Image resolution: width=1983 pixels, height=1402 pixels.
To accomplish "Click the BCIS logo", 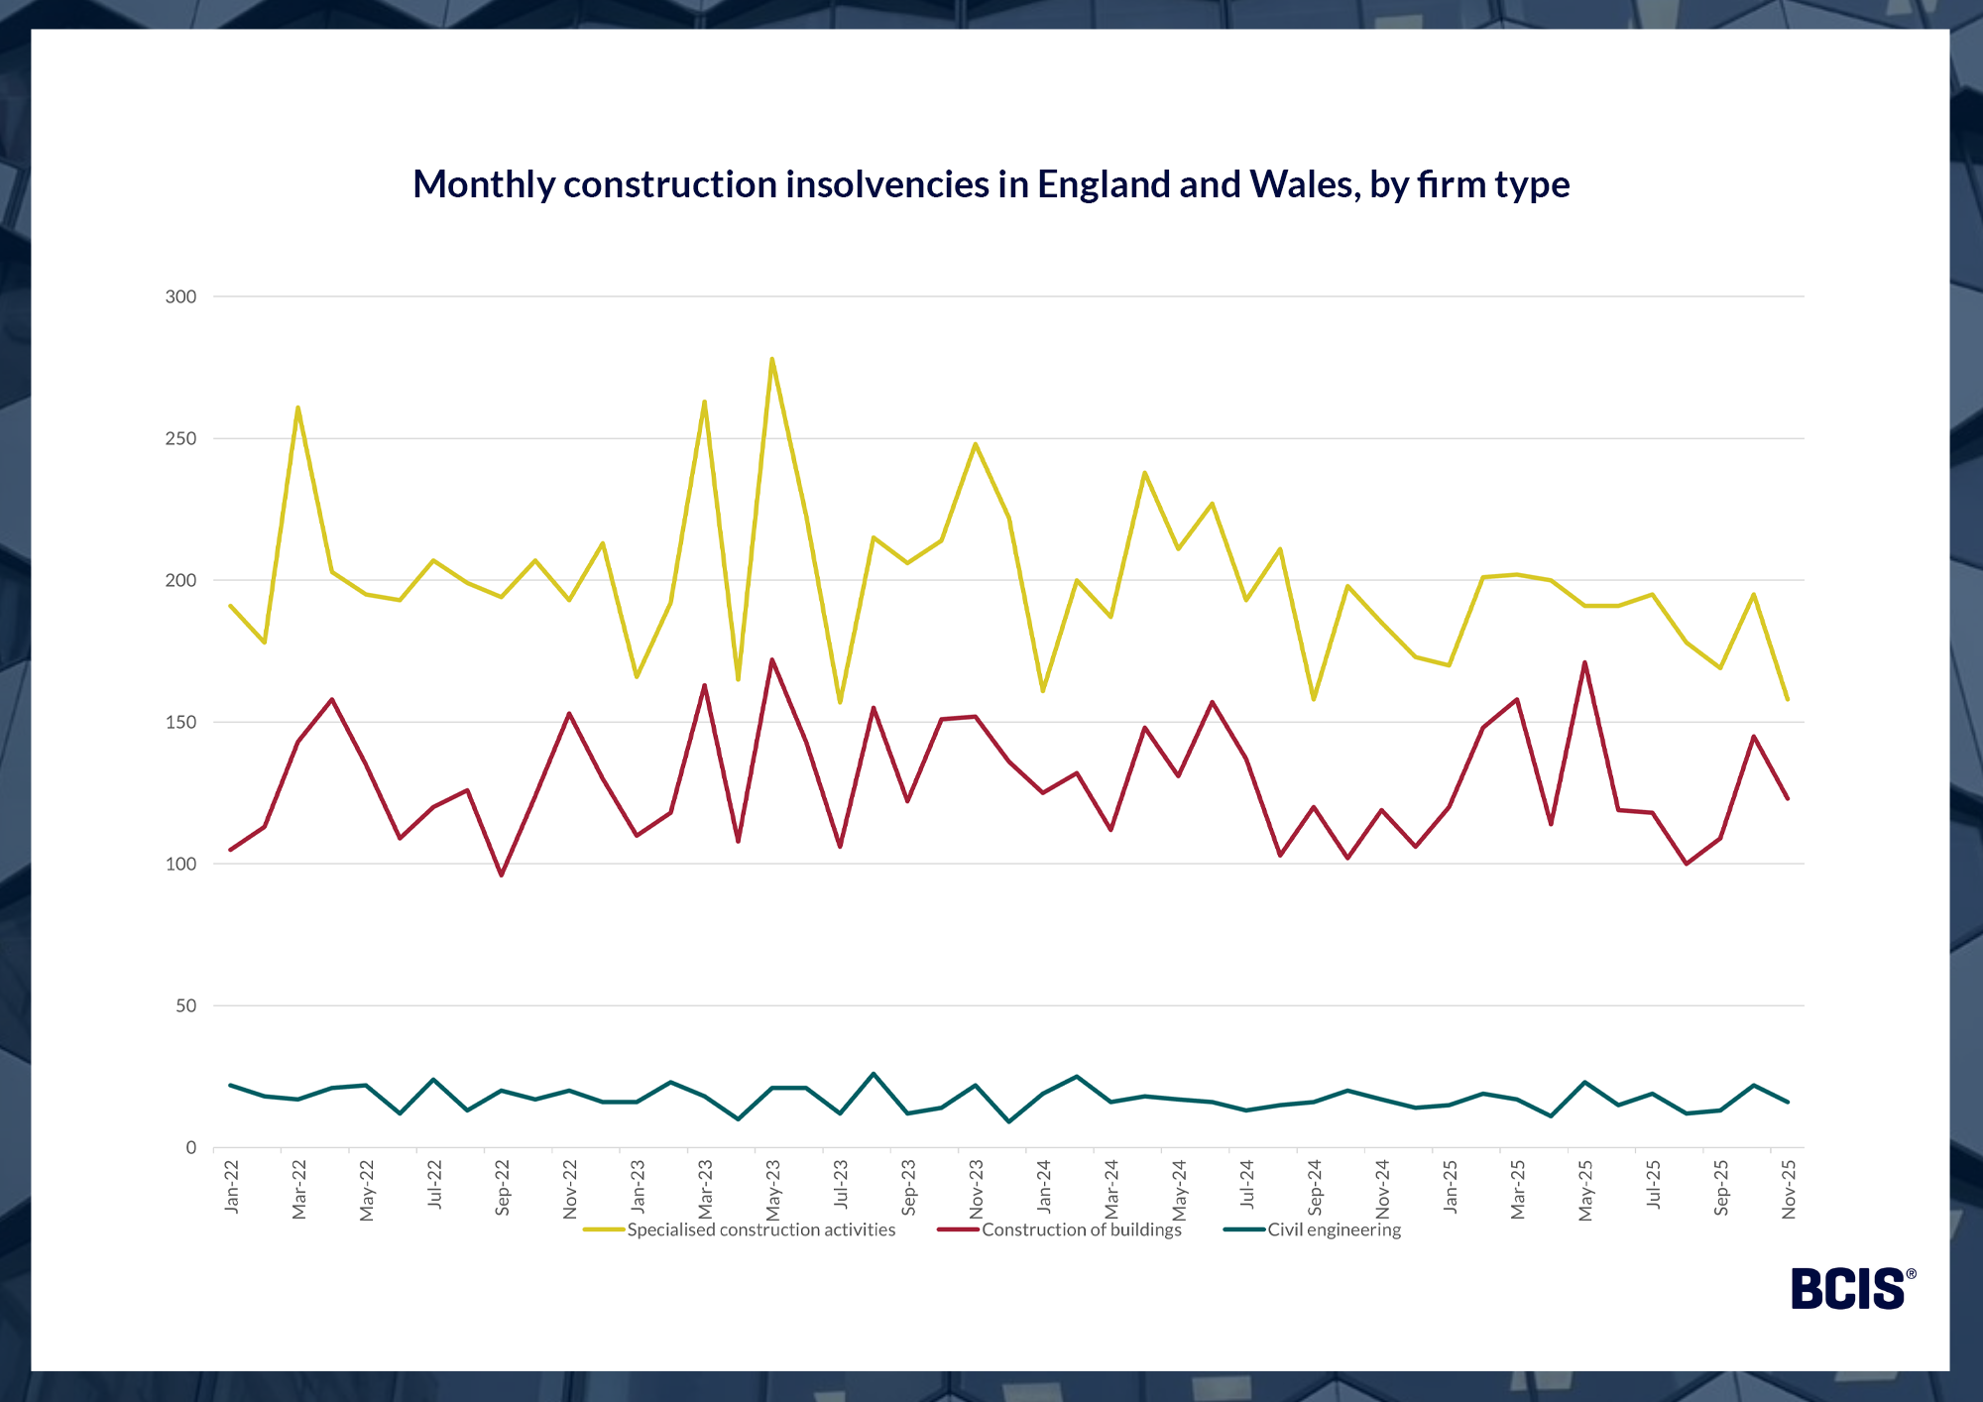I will [1851, 1289].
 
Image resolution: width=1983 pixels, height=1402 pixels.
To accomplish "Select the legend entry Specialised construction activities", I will [760, 1230].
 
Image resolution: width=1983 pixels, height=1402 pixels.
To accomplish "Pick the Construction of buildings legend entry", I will [1081, 1230].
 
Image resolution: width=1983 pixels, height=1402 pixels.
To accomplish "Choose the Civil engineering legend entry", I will [1334, 1230].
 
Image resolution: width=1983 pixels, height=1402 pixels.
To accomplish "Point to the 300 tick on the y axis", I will [180, 296].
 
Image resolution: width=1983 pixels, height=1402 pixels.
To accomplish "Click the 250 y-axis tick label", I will [180, 438].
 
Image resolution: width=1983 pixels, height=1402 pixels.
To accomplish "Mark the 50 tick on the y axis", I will [186, 1006].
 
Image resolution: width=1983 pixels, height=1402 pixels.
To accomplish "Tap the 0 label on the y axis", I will [191, 1148].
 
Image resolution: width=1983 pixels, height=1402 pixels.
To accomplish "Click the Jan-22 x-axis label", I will [232, 1187].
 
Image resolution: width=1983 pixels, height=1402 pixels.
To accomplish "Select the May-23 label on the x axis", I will [773, 1190].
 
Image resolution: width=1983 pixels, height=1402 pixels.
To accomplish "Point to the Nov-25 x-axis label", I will [1790, 1189].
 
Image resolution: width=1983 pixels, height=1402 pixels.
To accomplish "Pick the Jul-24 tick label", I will [1247, 1185].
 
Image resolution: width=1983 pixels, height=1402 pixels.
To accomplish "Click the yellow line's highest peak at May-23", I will [771, 359].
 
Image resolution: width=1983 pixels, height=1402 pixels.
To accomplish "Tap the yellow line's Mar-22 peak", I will [297, 408].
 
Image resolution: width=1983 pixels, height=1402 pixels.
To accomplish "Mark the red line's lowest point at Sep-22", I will [501, 876].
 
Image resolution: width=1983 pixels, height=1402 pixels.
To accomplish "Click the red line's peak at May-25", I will [1584, 662].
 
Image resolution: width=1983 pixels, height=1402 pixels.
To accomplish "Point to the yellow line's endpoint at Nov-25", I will [1788, 700].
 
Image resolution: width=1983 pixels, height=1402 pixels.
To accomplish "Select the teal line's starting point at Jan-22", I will [230, 1085].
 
